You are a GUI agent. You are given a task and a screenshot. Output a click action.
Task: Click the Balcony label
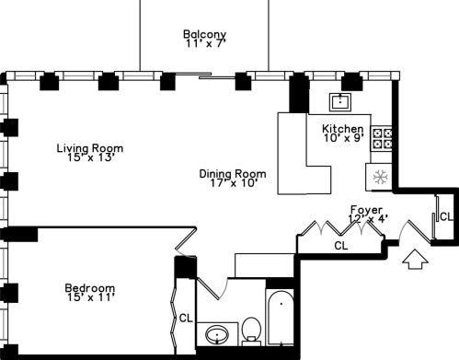204,35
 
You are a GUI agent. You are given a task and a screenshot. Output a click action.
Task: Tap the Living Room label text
89,147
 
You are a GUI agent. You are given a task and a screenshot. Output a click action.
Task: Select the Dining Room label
233,172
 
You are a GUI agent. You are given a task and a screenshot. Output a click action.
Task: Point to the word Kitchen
342,128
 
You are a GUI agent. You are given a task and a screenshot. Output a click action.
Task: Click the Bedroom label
89,287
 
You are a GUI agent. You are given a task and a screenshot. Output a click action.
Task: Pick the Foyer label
366,209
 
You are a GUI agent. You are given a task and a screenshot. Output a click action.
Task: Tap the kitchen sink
342,101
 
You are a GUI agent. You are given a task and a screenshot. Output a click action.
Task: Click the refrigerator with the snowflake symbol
378,176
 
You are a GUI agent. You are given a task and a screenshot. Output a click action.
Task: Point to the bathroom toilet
252,331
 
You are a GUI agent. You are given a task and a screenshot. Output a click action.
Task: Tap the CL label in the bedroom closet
186,318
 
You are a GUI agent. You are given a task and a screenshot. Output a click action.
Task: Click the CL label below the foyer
340,246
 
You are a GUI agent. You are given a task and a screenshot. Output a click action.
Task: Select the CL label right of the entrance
445,217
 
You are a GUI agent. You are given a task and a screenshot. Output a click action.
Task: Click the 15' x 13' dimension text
89,158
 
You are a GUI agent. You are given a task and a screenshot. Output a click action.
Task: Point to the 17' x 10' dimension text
233,182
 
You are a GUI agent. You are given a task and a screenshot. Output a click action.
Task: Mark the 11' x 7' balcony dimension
204,44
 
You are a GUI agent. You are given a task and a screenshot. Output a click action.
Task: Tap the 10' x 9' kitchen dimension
344,138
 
